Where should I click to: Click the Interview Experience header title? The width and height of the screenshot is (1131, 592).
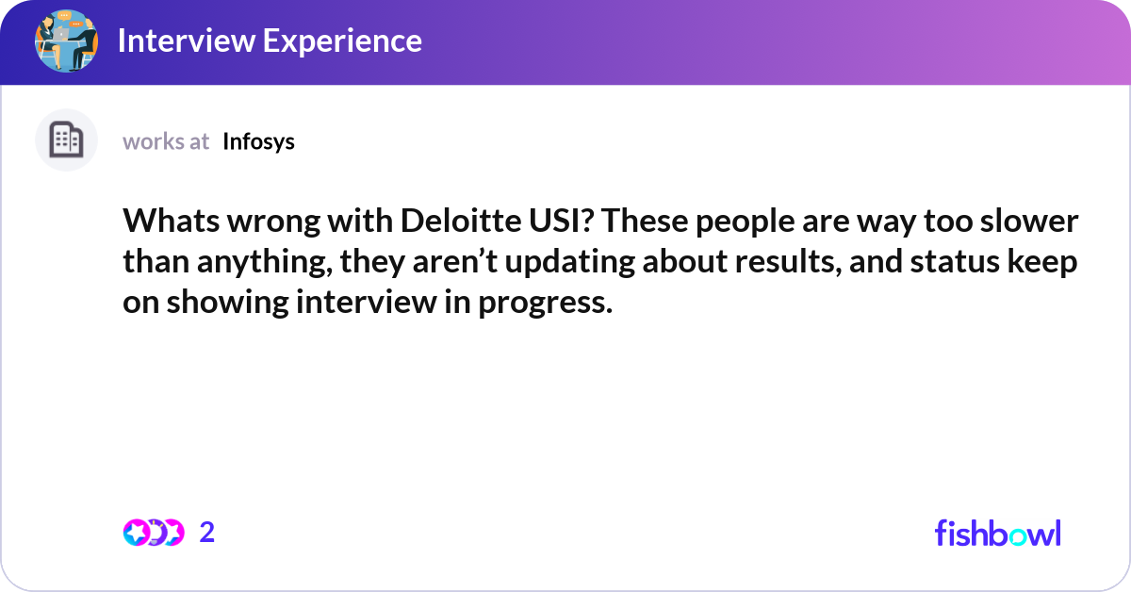(270, 41)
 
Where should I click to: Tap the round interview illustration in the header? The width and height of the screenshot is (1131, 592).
(66, 41)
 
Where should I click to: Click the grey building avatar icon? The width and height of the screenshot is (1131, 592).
(66, 140)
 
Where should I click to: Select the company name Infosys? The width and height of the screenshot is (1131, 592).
(258, 141)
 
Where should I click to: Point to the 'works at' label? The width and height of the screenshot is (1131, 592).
(166, 141)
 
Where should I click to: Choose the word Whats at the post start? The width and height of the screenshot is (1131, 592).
(167, 222)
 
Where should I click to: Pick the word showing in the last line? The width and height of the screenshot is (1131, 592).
(225, 304)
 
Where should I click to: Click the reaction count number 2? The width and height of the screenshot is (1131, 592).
(207, 533)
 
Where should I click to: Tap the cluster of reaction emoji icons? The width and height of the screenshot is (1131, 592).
(154, 533)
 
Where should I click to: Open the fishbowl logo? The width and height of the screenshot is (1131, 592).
(997, 533)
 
